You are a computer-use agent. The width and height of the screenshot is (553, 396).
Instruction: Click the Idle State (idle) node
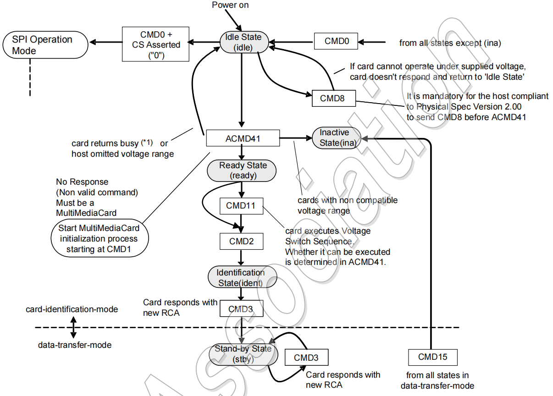click(244, 42)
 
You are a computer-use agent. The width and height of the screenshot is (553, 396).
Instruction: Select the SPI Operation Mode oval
click(45, 45)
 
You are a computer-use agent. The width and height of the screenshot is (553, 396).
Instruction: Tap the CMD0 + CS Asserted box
click(155, 44)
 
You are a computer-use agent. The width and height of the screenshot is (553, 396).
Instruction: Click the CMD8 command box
click(334, 99)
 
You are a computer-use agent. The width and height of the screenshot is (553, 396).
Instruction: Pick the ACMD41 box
click(243, 138)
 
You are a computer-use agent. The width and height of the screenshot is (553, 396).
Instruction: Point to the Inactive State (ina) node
click(337, 138)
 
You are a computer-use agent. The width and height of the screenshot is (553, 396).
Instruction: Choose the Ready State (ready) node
click(242, 171)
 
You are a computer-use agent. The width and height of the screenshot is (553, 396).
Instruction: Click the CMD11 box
click(242, 206)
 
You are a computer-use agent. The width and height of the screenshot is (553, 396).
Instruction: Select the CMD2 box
click(242, 241)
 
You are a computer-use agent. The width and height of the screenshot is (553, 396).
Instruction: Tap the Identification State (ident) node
click(243, 277)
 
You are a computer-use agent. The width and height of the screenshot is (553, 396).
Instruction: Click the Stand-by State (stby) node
click(243, 355)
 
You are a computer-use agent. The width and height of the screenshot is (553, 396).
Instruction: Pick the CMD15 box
click(433, 357)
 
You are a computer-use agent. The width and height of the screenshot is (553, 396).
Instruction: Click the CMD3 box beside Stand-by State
click(307, 357)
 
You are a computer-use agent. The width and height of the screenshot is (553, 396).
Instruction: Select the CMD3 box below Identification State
click(242, 308)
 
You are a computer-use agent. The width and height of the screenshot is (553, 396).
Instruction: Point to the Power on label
click(230, 5)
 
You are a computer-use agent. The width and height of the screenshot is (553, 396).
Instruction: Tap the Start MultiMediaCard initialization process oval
click(100, 238)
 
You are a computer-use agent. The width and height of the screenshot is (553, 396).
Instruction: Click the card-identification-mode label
click(72, 309)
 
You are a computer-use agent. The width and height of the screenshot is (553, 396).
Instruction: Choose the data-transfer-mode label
click(75, 345)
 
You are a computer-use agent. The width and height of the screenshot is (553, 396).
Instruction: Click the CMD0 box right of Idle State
click(336, 41)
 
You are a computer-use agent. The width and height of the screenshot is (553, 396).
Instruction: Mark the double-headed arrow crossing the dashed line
click(73, 327)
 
